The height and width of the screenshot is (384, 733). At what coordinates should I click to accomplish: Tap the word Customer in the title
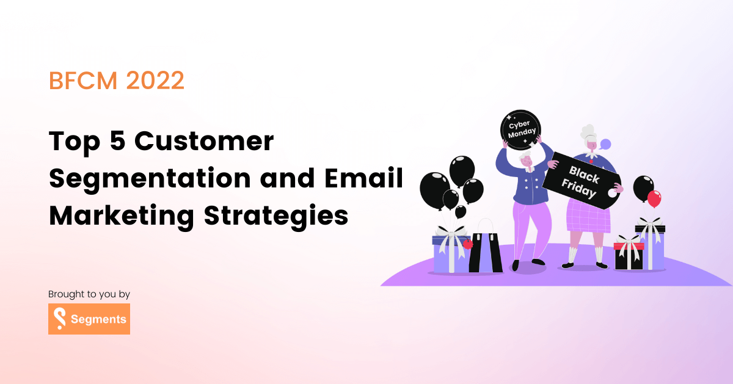point(204,142)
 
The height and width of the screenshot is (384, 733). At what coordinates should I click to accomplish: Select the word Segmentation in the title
point(150,179)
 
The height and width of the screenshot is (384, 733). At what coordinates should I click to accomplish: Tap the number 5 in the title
point(117,142)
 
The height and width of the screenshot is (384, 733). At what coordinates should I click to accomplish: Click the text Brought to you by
point(89,294)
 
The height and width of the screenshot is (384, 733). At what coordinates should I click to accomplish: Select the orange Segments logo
point(89,319)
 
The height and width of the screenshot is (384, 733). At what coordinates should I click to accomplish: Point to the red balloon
point(654,198)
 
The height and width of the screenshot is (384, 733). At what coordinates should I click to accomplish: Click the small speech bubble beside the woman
point(605,145)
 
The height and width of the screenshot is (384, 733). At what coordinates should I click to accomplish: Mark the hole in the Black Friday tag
point(610,192)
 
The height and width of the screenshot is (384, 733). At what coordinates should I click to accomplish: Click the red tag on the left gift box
point(468,244)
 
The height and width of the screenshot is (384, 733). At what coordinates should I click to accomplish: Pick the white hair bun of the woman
point(587,131)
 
